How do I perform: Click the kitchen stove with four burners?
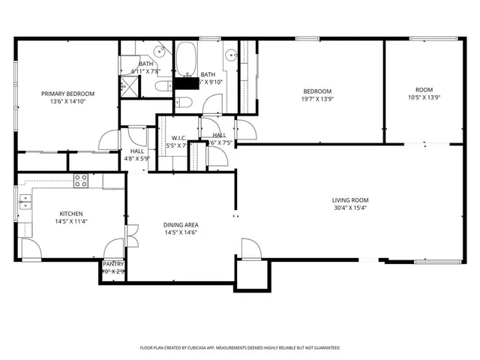click(x=80, y=180)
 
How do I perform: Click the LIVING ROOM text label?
click(x=351, y=200)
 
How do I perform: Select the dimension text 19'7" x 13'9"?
click(x=316, y=99)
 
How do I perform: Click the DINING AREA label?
click(x=180, y=224)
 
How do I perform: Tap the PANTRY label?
click(x=113, y=263)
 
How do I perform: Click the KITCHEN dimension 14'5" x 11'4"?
click(x=71, y=222)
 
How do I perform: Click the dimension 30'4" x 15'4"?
click(x=351, y=208)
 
